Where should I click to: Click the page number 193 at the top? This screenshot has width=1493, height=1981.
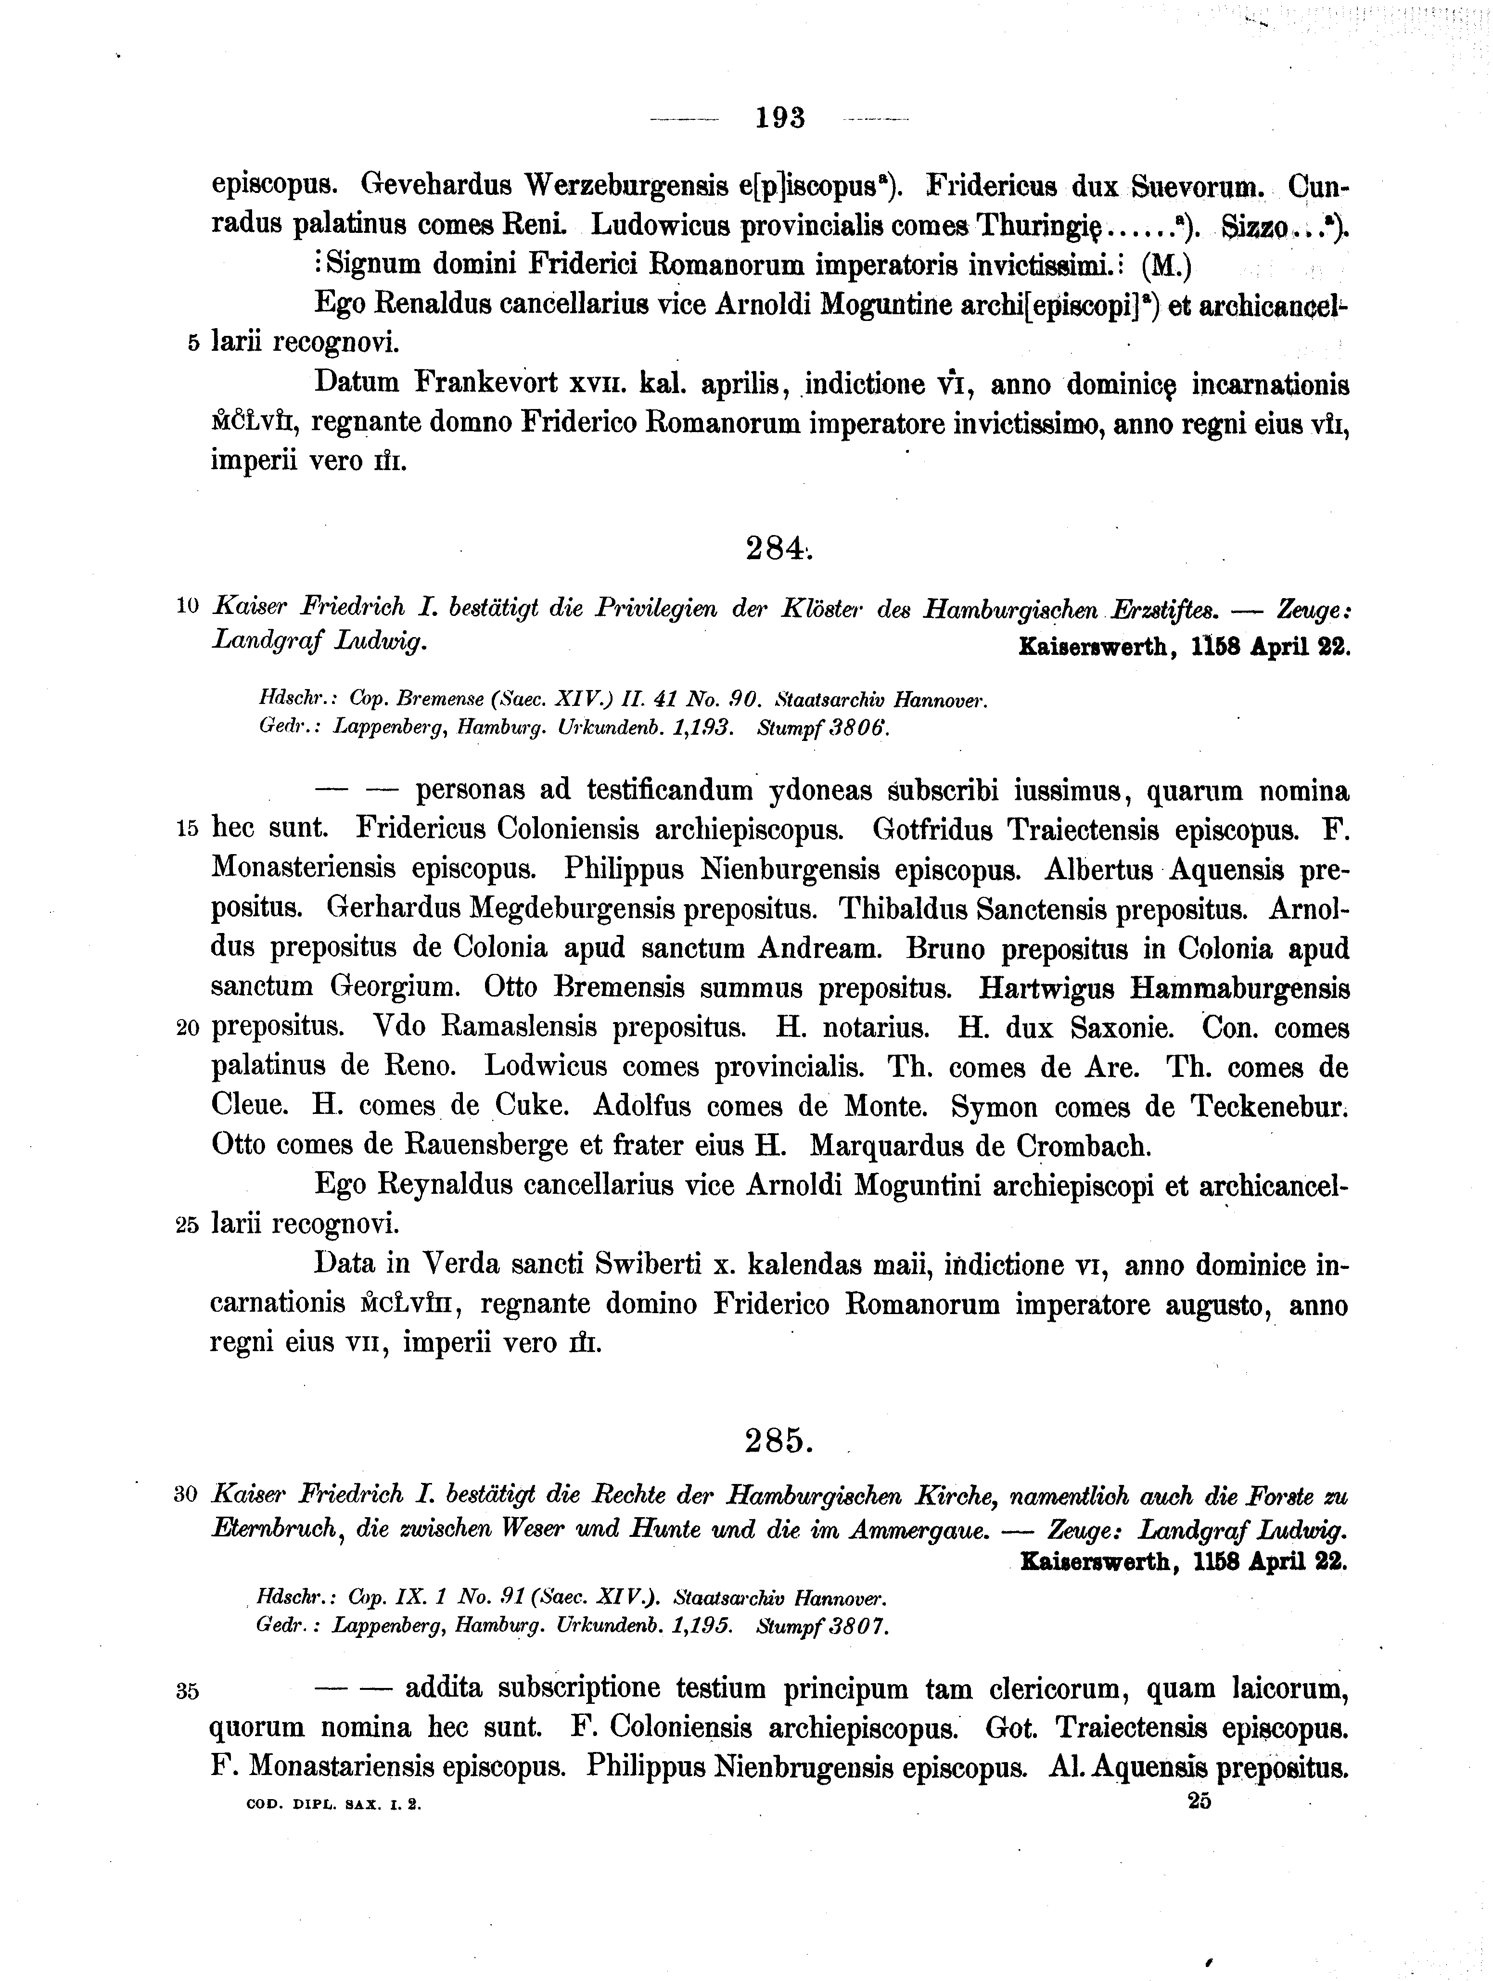(780, 117)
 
